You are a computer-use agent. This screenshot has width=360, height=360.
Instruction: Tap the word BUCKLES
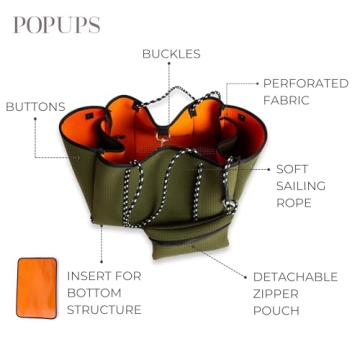coord(171,53)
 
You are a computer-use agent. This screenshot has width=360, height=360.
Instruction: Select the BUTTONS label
coord(35,107)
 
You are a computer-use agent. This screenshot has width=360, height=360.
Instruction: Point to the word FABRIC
coord(286,100)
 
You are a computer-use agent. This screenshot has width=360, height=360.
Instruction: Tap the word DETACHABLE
coord(295,276)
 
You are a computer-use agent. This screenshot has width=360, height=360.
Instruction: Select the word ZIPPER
coord(275,294)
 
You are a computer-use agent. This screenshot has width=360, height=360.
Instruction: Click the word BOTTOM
coord(94,293)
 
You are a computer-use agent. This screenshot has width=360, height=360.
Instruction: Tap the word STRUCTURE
coord(104,311)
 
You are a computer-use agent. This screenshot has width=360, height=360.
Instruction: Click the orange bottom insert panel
coord(37,289)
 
